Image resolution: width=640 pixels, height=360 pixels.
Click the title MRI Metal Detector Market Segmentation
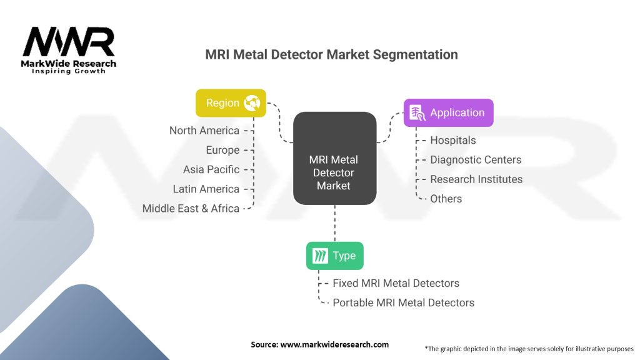pos(331,54)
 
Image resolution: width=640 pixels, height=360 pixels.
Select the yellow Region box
pos(231,103)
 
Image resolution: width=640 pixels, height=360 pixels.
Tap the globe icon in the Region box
pos(252,103)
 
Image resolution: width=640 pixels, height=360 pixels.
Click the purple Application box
pos(448,113)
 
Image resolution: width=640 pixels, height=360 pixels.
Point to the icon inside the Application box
pos(416,113)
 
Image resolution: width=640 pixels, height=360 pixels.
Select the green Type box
pos(334,256)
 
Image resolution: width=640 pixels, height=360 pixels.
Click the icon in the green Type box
pos(320,256)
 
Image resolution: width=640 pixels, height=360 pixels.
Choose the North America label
pos(204,131)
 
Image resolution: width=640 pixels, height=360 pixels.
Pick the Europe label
pos(222,150)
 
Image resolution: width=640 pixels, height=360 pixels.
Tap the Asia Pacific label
pos(211,169)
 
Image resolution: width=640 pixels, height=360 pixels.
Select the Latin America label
pos(206,189)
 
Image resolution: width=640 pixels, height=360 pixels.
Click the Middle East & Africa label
pos(191,208)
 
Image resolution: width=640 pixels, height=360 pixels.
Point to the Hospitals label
pos(452,141)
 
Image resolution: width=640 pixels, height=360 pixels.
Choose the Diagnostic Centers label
pos(475,160)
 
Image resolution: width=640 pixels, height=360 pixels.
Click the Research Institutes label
pos(476,179)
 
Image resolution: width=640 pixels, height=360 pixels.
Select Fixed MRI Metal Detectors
pos(396,283)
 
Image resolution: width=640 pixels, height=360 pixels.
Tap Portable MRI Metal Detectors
pos(403,302)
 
